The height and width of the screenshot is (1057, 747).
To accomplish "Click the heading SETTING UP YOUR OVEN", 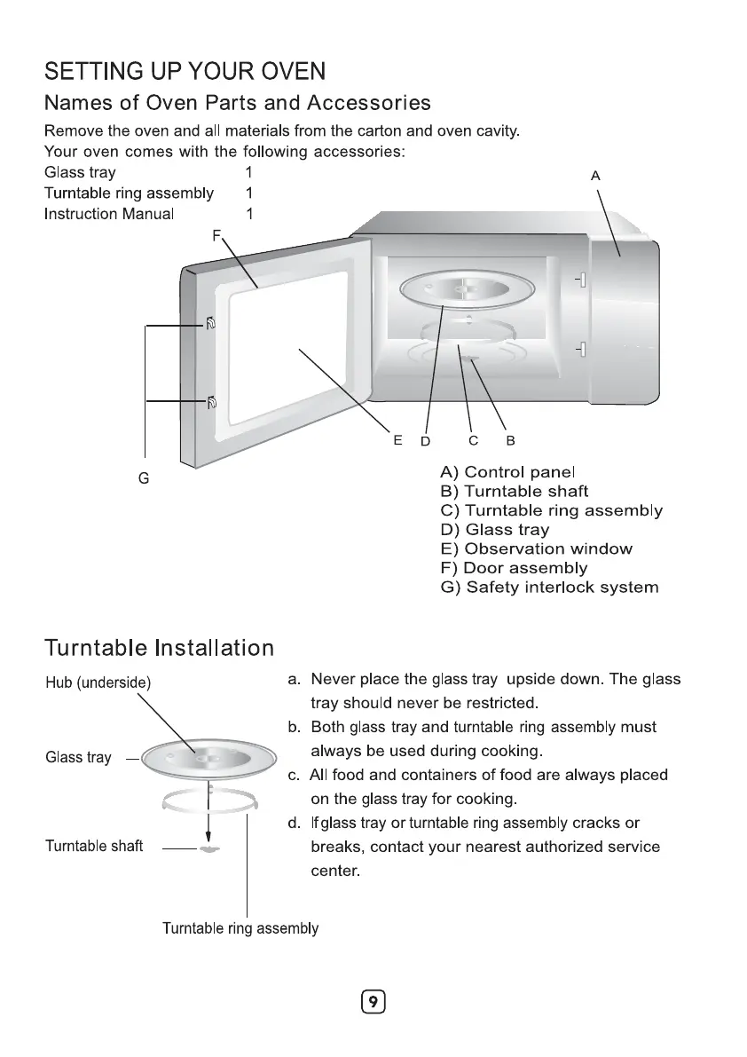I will [x=185, y=71].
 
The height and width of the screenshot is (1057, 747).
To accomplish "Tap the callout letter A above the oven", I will [x=595, y=177].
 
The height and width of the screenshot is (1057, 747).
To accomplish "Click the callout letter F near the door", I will [x=216, y=235].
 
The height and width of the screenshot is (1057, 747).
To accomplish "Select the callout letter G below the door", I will [x=144, y=478].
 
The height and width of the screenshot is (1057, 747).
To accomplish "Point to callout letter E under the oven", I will [x=397, y=439].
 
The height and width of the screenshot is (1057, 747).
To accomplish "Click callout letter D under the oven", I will [x=425, y=440].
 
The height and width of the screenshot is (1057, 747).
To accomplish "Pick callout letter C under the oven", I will [x=474, y=440].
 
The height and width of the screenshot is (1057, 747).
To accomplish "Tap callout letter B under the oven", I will [x=510, y=440].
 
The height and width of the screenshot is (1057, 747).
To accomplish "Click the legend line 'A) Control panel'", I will [x=507, y=471].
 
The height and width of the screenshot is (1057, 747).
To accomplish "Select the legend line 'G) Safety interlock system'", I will [x=549, y=587].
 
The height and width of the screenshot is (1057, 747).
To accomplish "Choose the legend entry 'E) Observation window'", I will [x=536, y=548].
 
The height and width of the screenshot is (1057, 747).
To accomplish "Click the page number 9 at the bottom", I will [x=373, y=1002].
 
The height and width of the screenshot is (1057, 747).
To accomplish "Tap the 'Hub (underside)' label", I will [x=98, y=682].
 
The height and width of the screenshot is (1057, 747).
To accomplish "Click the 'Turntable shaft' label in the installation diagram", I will [x=94, y=846].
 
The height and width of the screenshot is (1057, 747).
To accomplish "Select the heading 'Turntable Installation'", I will [x=159, y=647].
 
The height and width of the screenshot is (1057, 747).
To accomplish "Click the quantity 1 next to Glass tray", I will [x=249, y=172].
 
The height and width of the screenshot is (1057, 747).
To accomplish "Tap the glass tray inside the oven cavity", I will [x=468, y=289].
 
